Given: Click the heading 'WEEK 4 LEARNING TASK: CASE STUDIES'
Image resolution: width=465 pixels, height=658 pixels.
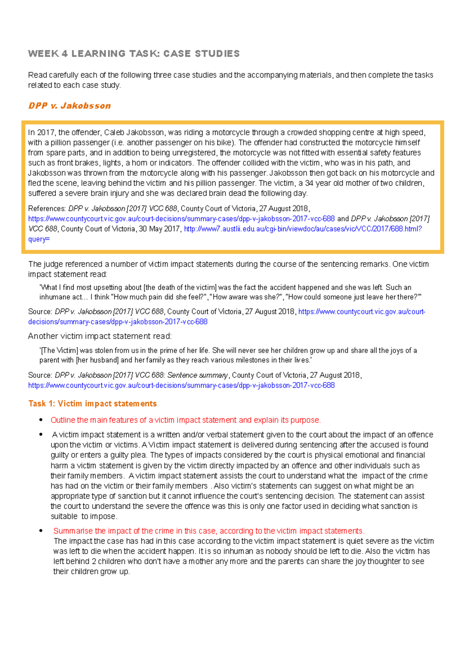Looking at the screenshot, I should pyautogui.click(x=134, y=53).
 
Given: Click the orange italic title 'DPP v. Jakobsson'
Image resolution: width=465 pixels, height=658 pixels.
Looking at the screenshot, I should pyautogui.click(x=70, y=106).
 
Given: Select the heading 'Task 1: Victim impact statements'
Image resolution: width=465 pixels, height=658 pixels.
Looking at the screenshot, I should pyautogui.click(x=92, y=404).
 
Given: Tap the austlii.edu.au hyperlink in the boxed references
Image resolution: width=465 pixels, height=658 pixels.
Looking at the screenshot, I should pyautogui.click(x=302, y=229).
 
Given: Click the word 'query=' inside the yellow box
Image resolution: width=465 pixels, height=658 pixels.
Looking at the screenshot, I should pyautogui.click(x=39, y=239).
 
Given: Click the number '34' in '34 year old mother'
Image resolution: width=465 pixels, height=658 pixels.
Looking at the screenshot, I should pyautogui.click(x=309, y=183).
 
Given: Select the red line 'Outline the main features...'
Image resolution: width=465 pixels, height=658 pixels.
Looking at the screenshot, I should pyautogui.click(x=186, y=420).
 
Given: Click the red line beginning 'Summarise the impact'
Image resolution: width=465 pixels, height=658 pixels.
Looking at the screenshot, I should pyautogui.click(x=209, y=531).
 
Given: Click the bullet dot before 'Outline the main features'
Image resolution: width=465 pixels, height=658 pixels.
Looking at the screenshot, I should pyautogui.click(x=41, y=420).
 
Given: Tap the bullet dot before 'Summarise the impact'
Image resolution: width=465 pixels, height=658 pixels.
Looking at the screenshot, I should pyautogui.click(x=41, y=531).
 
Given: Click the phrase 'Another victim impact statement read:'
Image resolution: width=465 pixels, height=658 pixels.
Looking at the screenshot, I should pyautogui.click(x=100, y=336).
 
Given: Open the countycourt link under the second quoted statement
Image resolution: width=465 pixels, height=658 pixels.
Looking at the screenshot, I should pyautogui.click(x=181, y=386).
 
